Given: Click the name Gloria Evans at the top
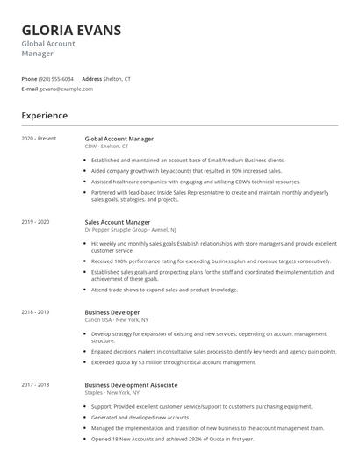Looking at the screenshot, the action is [x=72, y=31].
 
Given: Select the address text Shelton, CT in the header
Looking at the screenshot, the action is [x=118, y=78].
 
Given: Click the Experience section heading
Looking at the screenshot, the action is [x=44, y=115].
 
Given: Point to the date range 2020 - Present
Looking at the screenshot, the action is [x=38, y=139].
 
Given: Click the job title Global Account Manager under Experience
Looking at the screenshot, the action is [x=119, y=139].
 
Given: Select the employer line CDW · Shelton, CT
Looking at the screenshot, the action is [x=106, y=146].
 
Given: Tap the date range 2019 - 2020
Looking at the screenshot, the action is [x=35, y=222].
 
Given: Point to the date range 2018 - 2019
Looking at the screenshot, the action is [x=35, y=311].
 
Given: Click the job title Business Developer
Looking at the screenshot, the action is [x=111, y=311].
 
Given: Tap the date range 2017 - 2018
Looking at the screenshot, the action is [x=35, y=385].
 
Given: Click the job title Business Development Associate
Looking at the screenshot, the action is [x=131, y=385].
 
